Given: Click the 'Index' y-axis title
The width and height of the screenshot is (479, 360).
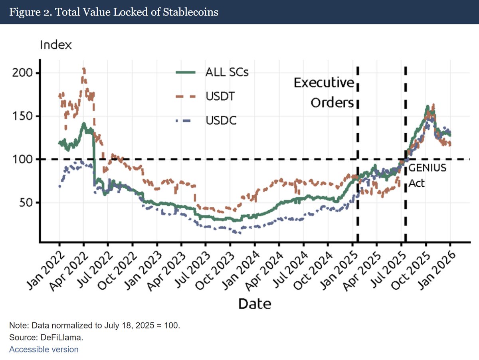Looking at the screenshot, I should click(x=56, y=45).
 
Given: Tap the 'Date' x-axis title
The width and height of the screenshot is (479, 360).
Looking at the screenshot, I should click(x=255, y=304).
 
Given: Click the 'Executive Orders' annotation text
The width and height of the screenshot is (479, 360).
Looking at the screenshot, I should click(x=324, y=93).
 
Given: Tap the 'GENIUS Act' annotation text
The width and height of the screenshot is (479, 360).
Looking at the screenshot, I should click(x=426, y=175).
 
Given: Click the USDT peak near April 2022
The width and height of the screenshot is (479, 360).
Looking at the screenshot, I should click(x=83, y=69).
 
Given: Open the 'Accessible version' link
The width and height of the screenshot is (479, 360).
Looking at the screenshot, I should click(x=44, y=350).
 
